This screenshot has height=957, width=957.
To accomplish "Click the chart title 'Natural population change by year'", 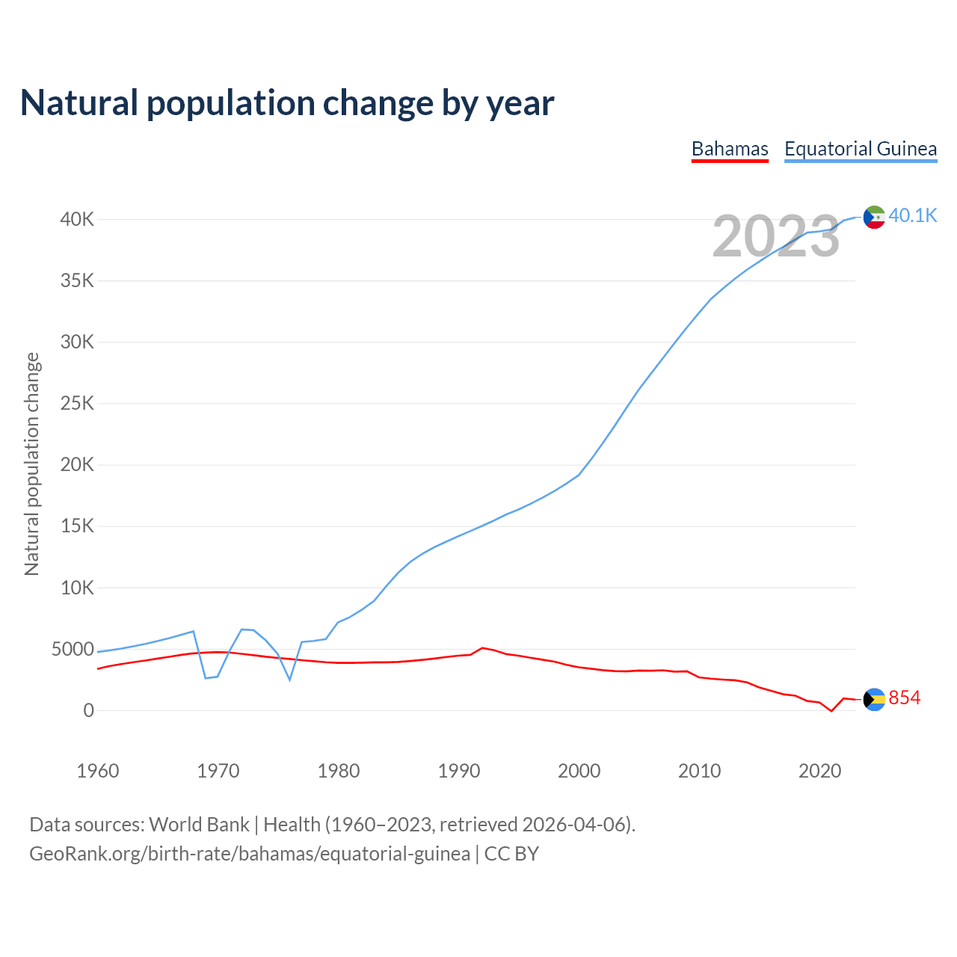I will click(x=287, y=102).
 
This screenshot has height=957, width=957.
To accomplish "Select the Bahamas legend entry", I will click(x=730, y=149).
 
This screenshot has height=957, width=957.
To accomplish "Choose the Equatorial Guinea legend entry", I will click(x=861, y=149).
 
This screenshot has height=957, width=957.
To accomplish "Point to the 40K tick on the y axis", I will click(x=78, y=219).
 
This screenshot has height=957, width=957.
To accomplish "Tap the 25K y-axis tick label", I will click(x=78, y=404).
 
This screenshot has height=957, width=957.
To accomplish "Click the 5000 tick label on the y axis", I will click(x=73, y=649).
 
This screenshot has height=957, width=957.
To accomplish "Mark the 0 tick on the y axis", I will click(x=89, y=710).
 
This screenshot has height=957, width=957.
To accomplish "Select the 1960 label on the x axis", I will click(x=98, y=771).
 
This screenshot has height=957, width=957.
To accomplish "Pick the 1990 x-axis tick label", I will click(x=459, y=771).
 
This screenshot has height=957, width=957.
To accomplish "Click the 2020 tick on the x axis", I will click(x=820, y=771).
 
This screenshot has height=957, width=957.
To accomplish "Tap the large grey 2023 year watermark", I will click(x=776, y=236).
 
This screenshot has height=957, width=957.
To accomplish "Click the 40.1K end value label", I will click(x=913, y=216).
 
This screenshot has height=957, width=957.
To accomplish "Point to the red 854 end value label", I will click(x=905, y=698).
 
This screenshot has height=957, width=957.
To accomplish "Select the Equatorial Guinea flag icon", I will click(x=874, y=217).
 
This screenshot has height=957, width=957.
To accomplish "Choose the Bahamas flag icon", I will click(x=874, y=699).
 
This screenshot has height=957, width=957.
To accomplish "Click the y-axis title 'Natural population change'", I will click(x=32, y=464).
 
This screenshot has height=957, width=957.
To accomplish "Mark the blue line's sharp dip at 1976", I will click(x=290, y=680).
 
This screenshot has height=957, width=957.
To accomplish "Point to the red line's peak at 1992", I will click(x=482, y=647).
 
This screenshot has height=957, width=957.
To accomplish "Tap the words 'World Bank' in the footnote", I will click(x=199, y=825).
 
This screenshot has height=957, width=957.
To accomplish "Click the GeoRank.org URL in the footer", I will click(x=250, y=854).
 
